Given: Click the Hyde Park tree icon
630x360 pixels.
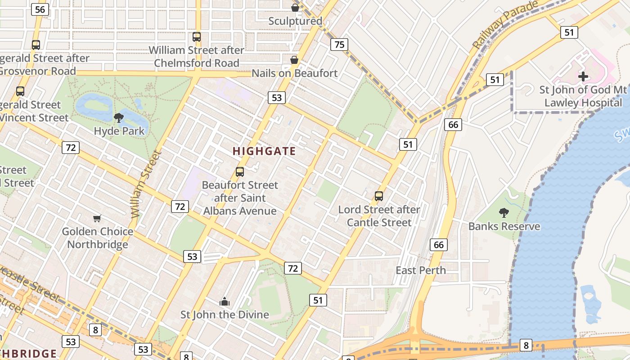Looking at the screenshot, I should tap(119, 118).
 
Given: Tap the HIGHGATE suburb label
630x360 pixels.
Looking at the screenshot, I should tap(264, 151).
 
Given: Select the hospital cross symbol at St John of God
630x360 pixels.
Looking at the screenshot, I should tap(583, 76).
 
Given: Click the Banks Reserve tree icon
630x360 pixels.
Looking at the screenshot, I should tap(504, 212).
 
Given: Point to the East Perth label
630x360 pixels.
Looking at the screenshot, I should tap(421, 270).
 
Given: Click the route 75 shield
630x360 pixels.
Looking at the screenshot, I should tap(339, 44).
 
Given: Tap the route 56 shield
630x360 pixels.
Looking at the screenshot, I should tap(40, 9).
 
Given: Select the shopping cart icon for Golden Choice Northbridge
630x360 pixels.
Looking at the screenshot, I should tap(97, 219).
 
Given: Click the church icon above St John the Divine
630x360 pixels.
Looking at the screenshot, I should tap(224, 301).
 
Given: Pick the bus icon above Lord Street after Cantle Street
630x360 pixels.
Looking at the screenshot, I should tap(379, 196).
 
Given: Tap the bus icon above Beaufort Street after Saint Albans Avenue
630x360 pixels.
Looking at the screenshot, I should tap(240, 171).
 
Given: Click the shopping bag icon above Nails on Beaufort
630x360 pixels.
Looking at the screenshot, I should tap(294, 60).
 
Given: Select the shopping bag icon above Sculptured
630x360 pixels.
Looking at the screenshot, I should tap(295, 8).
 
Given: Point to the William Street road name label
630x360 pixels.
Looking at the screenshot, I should tap(145, 184).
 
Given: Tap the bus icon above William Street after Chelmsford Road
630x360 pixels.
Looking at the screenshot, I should tap(197, 37).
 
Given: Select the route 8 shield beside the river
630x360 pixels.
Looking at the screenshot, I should tap(526, 345).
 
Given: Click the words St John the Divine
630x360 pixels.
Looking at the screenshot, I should tap(225, 315).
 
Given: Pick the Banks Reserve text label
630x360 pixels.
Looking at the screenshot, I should tap(504, 226).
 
